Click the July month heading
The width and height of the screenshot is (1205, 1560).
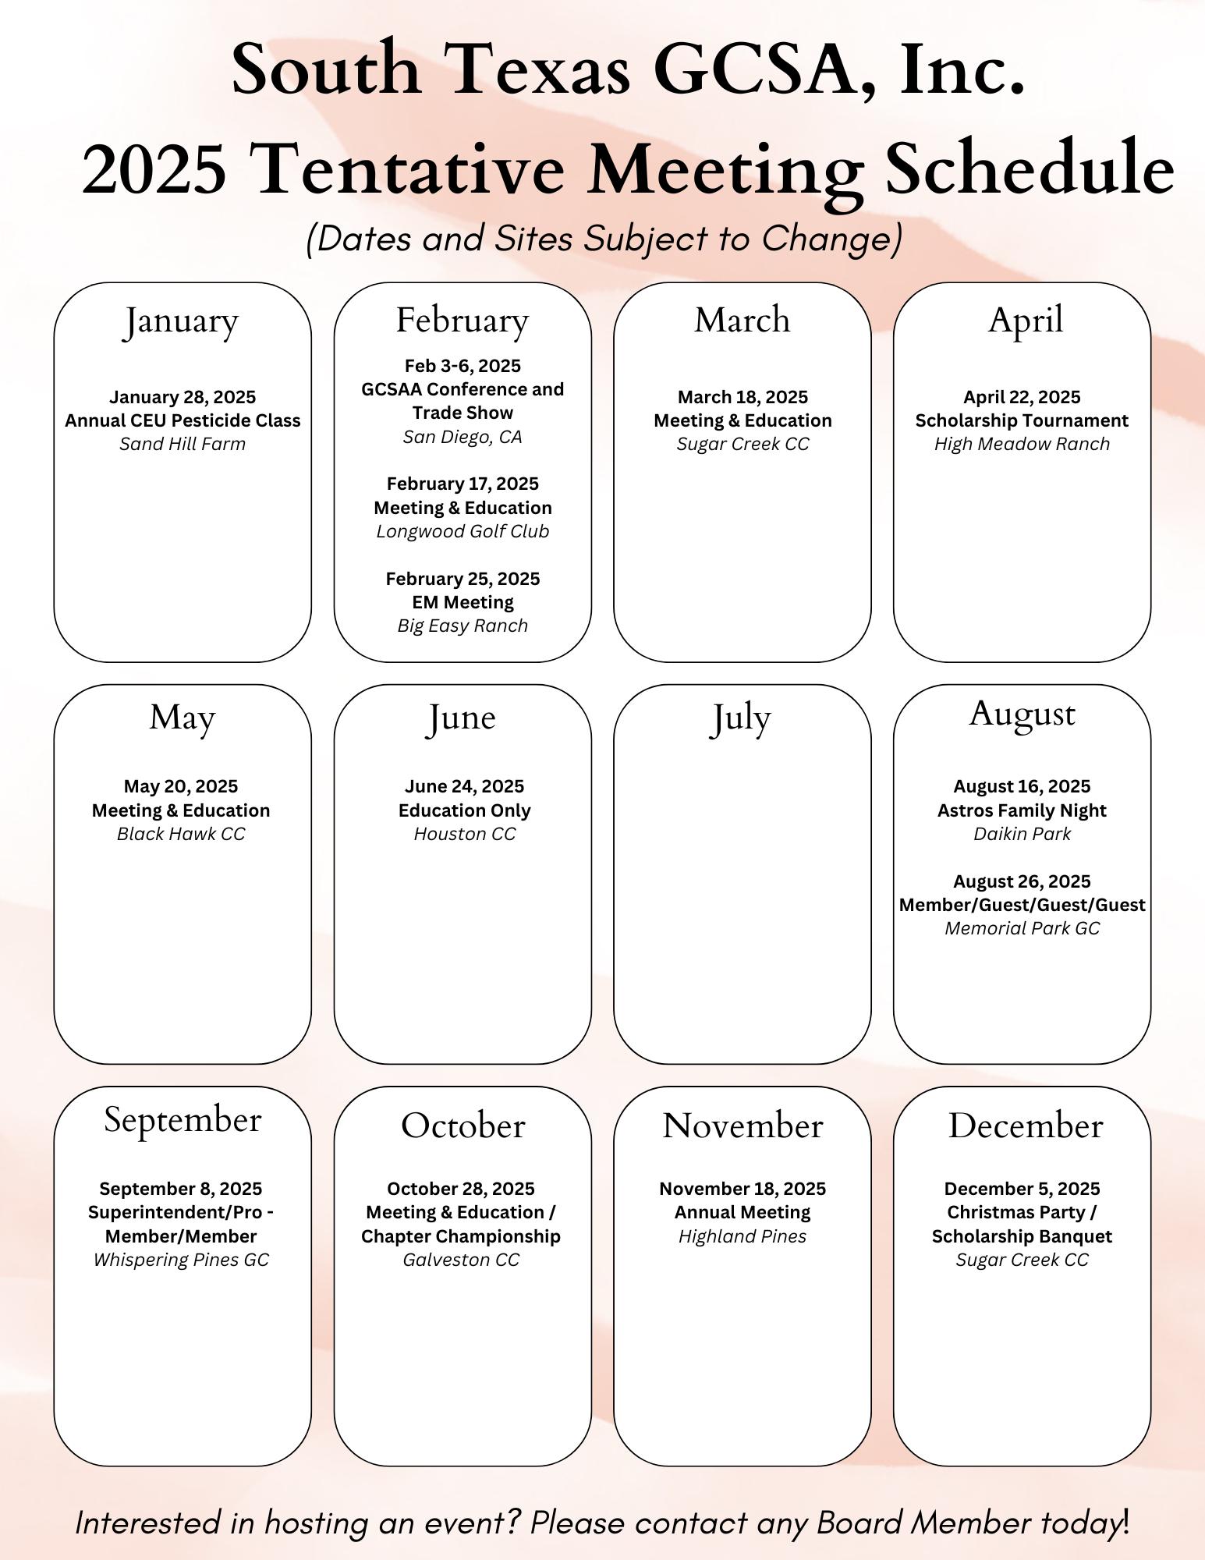tap(740, 718)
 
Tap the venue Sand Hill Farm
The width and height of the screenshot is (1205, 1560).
tap(182, 444)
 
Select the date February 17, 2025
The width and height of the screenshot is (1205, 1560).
tap(463, 484)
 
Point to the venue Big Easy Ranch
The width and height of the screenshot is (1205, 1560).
tap(463, 626)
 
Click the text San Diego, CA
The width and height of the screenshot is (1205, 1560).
tap(463, 437)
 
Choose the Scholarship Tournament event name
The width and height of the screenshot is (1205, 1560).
tap(1022, 420)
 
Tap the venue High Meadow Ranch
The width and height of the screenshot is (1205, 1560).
tap(1022, 444)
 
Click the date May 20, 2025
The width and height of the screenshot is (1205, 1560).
tap(181, 786)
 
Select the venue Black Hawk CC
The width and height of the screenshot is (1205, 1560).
tap(181, 834)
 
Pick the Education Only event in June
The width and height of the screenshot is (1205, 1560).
tap(464, 810)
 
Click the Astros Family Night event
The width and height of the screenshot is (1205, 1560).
tap(1022, 810)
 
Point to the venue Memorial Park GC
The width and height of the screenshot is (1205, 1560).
tap(1022, 928)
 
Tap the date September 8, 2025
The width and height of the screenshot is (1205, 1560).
tap(181, 1189)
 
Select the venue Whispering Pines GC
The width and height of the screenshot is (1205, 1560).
tap(181, 1260)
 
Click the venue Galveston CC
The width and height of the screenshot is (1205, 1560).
tap(461, 1260)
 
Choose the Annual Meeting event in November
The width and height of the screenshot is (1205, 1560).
tap(742, 1212)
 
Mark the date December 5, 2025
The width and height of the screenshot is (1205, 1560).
tap(1022, 1189)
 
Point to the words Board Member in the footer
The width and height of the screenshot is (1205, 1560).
tap(923, 1523)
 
